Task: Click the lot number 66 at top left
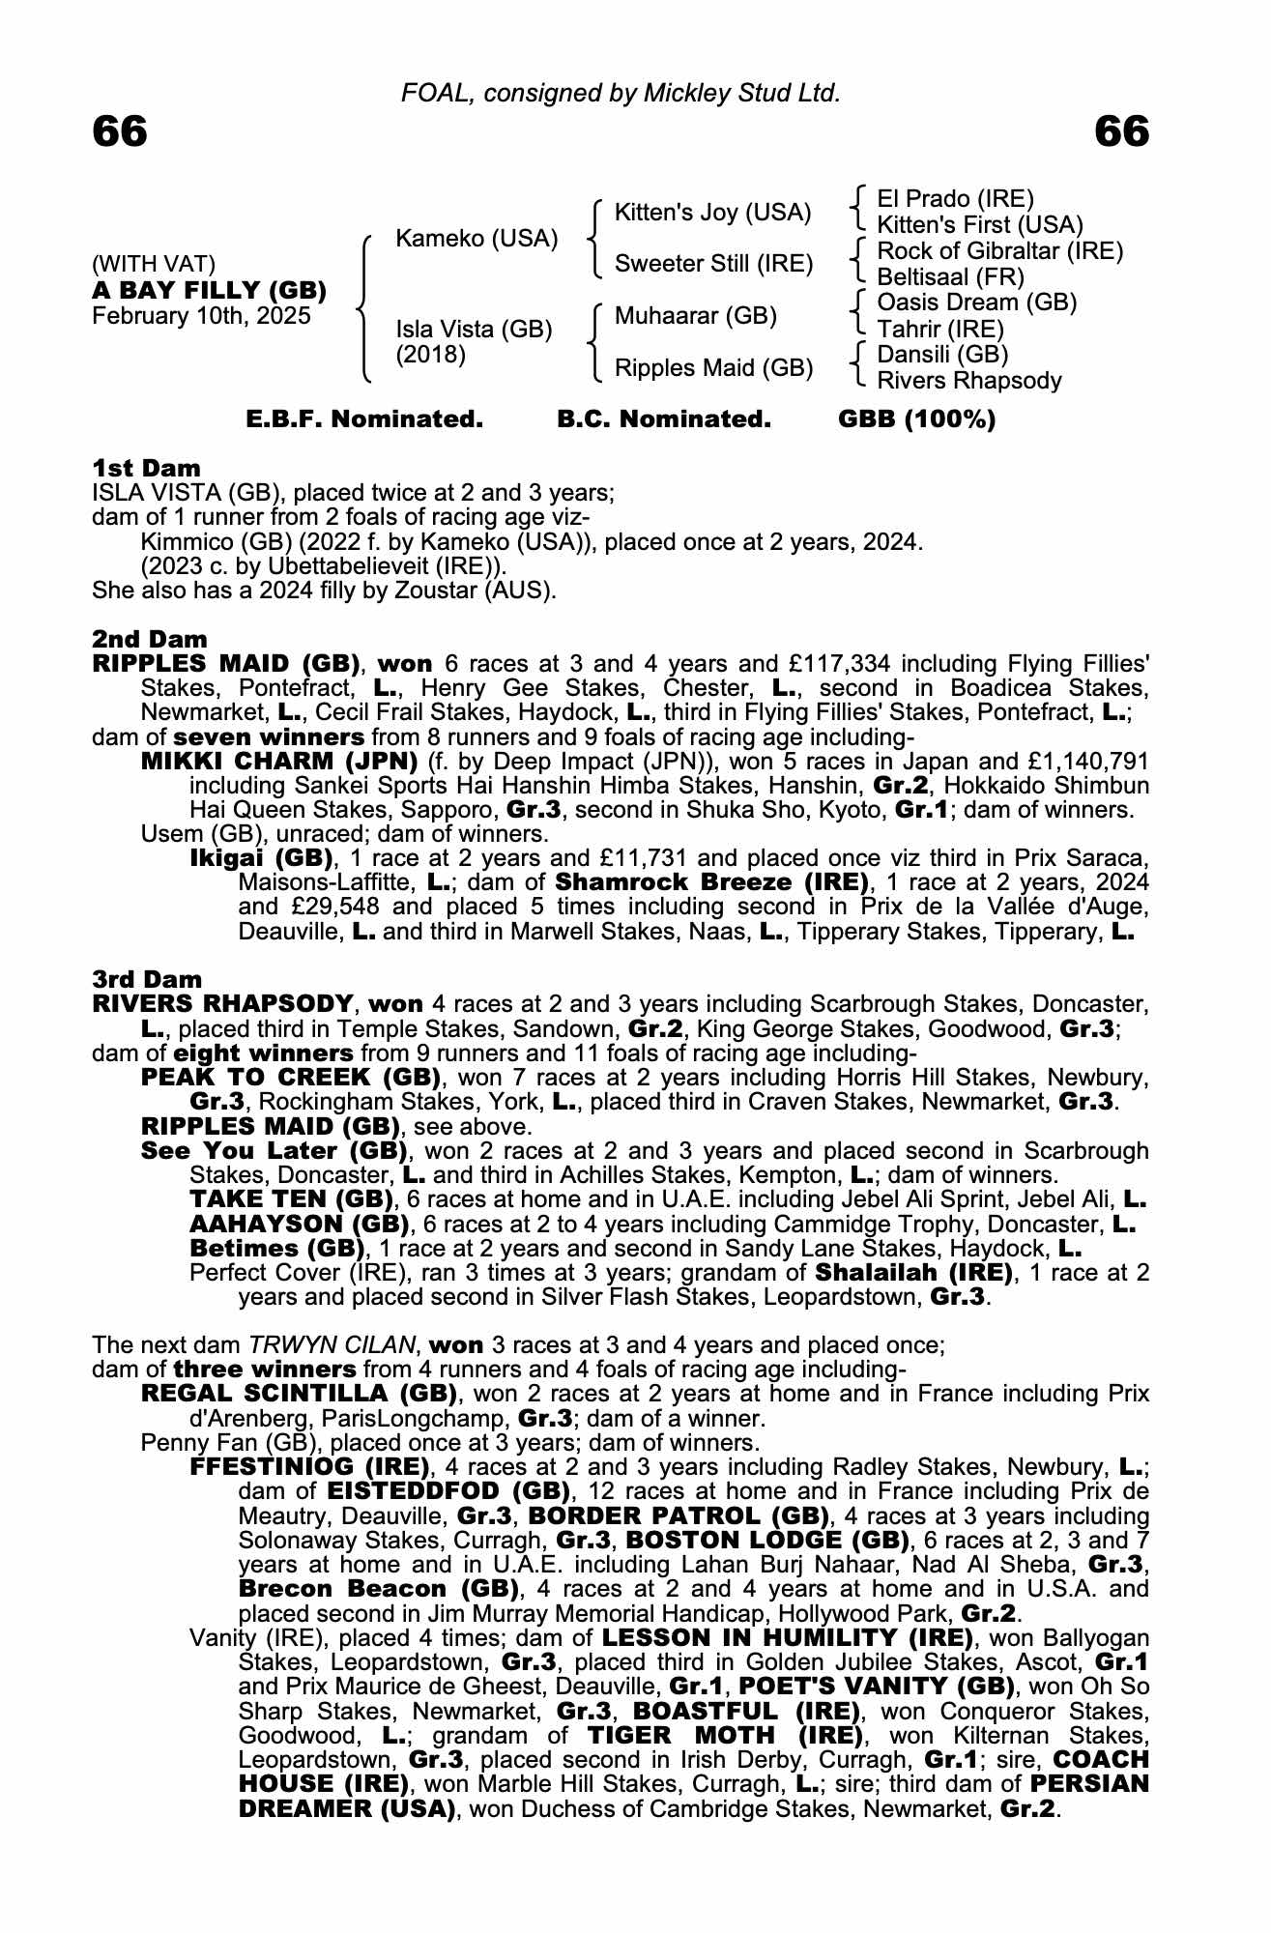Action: click(x=120, y=131)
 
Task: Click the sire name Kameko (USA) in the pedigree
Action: click(x=477, y=239)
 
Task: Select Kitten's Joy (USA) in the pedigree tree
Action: click(x=712, y=213)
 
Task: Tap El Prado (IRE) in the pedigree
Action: click(x=955, y=199)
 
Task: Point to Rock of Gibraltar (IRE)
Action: click(x=999, y=251)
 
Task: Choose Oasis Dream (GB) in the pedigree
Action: click(x=976, y=303)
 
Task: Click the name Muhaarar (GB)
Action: click(x=696, y=316)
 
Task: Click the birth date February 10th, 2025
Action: click(x=201, y=316)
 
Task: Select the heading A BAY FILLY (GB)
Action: click(x=209, y=290)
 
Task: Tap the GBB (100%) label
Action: click(x=916, y=419)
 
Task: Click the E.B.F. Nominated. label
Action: click(x=364, y=419)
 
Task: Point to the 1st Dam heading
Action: click(x=146, y=469)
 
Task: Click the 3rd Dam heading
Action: click(x=147, y=979)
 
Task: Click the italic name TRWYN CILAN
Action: click(x=331, y=1344)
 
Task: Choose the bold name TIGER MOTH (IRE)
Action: click(x=724, y=1735)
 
